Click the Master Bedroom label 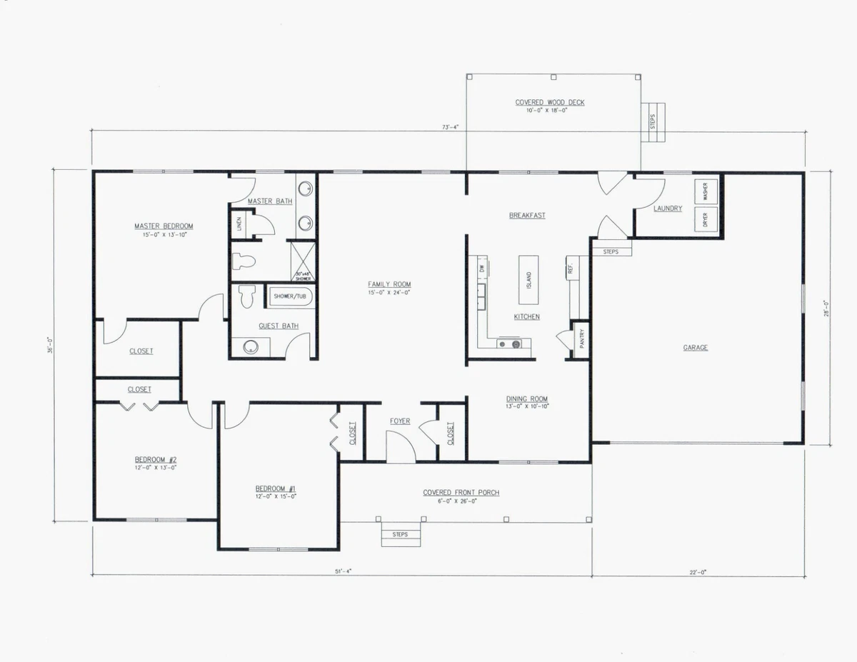pos(164,226)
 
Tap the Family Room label pos(389,284)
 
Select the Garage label pos(696,348)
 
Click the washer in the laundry pos(706,191)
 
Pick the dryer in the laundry pos(706,219)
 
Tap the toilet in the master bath pos(244,261)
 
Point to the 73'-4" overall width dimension pos(450,127)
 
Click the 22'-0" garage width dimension pos(697,571)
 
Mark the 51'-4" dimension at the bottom pos(343,571)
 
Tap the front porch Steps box pos(400,534)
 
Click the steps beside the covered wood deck pos(653,122)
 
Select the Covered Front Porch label pos(461,493)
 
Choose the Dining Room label pos(527,399)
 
